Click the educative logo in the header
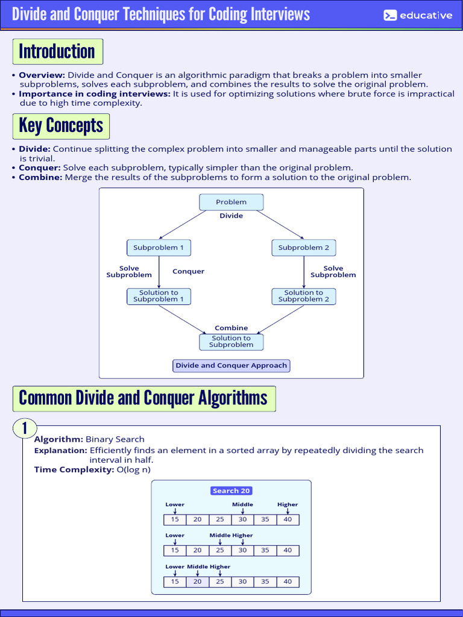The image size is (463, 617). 418,16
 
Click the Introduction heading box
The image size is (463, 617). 57,51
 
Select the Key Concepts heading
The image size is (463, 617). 61,125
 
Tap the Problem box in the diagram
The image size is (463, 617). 231,202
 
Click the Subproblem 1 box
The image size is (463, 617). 159,248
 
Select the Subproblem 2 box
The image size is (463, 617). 304,248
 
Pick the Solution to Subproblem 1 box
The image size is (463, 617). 159,296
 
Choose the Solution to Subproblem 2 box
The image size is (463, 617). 304,296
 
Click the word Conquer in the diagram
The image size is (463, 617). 188,271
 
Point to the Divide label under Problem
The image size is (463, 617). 231,216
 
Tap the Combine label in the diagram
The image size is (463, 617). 231,328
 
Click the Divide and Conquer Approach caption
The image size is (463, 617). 231,365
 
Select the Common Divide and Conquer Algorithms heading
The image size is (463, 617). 143,398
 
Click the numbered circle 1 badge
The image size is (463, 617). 25,428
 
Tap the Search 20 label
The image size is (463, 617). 231,490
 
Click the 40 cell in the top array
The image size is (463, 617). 288,519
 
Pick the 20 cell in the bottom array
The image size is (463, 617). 197,581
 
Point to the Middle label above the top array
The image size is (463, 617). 242,504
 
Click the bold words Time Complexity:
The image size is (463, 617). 74,469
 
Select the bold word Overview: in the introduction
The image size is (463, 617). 42,75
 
